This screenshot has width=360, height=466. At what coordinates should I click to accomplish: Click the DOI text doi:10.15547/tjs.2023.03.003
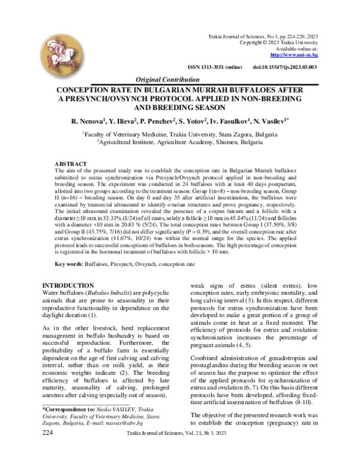click(285, 67)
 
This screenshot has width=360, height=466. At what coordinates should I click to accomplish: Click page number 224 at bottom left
click(49, 449)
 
